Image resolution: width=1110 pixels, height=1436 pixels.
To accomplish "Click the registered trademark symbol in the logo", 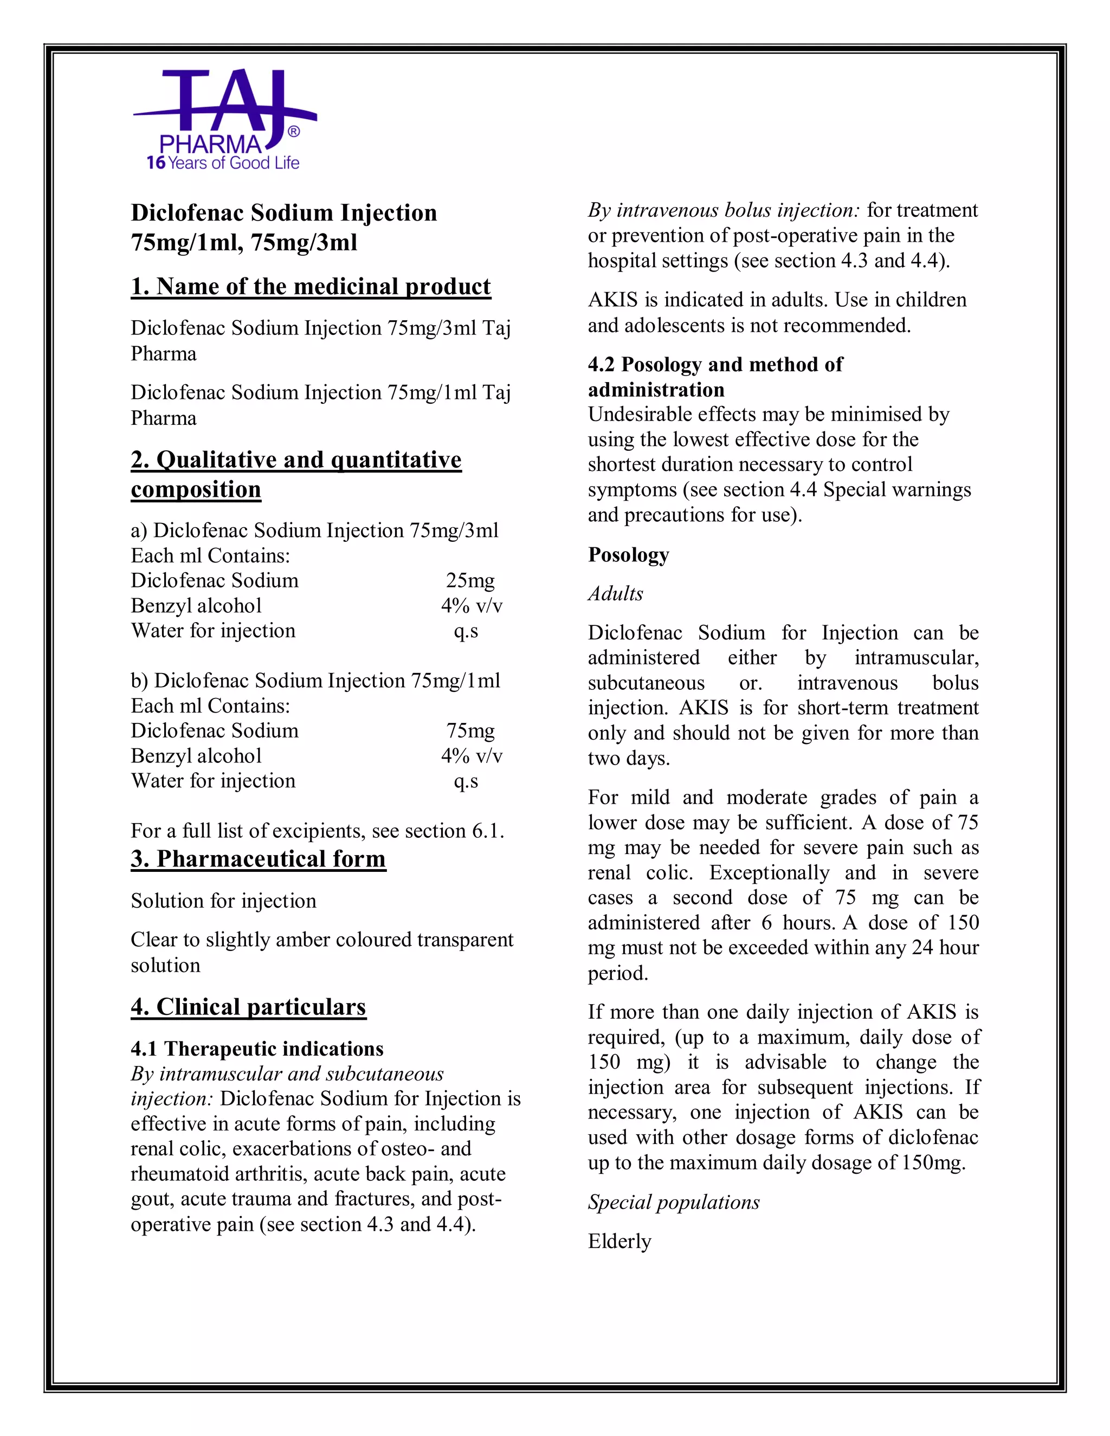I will click(294, 132).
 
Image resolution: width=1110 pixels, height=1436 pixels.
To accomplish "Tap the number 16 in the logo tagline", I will click(156, 163).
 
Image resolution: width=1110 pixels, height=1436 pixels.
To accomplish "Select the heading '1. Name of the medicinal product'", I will click(311, 287).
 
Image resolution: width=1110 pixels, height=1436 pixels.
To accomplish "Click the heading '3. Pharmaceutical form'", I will click(258, 859).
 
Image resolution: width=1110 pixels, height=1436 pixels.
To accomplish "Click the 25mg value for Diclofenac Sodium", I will click(469, 580).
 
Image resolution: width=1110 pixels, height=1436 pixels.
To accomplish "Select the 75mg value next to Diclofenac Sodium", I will click(469, 730).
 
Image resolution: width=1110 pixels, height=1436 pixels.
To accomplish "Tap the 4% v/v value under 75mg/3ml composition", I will click(471, 606).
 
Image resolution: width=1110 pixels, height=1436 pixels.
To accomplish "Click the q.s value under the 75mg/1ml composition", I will click(466, 781).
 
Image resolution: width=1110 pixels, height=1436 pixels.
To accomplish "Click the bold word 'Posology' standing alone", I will click(628, 554).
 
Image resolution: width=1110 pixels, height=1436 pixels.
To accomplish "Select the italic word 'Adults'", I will click(616, 594).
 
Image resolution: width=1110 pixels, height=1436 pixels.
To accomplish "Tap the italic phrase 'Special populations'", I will click(673, 1202).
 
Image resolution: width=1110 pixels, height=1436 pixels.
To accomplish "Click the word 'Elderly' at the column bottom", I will click(619, 1241).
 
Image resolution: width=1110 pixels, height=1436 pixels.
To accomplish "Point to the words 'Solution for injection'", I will click(223, 901).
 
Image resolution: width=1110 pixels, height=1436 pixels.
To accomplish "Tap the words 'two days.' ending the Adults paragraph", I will click(629, 758).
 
